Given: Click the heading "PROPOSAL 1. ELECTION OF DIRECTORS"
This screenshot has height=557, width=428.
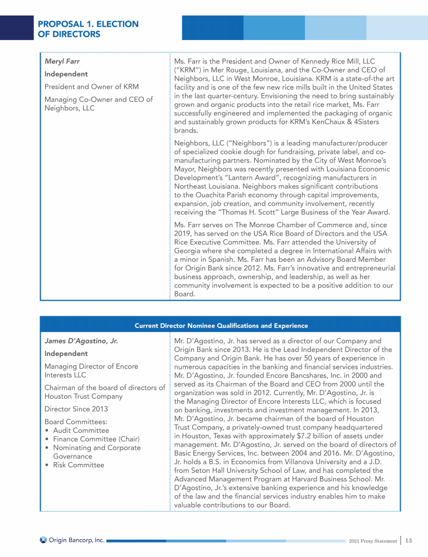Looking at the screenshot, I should point(88,29).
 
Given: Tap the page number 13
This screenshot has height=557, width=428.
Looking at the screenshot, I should point(408,540).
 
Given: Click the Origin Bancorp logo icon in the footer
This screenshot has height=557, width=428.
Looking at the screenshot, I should point(43,540).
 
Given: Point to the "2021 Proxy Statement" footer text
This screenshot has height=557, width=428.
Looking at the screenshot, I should point(372,540).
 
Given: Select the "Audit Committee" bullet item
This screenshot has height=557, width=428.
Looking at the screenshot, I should point(81,431).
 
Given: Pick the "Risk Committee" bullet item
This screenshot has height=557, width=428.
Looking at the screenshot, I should point(78,465).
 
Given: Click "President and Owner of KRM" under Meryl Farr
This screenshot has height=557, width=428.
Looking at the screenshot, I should point(91,86).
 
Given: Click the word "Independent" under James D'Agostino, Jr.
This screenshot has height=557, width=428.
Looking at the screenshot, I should point(66,354).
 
